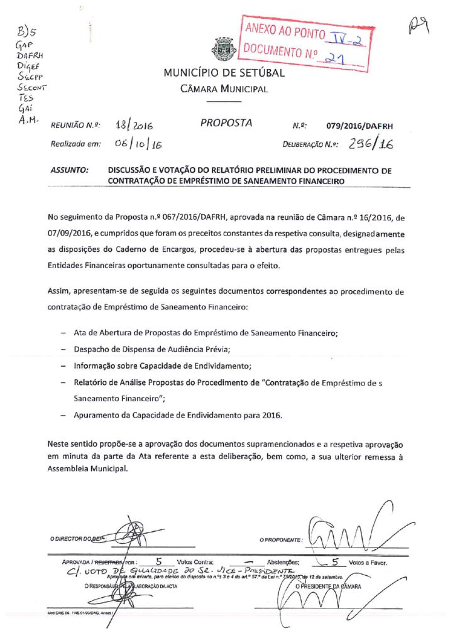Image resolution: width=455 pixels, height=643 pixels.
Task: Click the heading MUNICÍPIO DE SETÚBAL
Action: pyautogui.click(x=224, y=73)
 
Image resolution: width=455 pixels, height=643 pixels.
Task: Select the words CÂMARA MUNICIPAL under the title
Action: pyautogui.click(x=224, y=89)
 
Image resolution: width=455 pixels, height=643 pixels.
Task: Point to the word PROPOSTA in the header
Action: pyautogui.click(x=226, y=123)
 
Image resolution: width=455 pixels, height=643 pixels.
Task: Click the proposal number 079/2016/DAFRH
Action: pyautogui.click(x=359, y=126)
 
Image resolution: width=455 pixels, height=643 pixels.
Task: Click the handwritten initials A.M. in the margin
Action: pyautogui.click(x=29, y=119)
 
